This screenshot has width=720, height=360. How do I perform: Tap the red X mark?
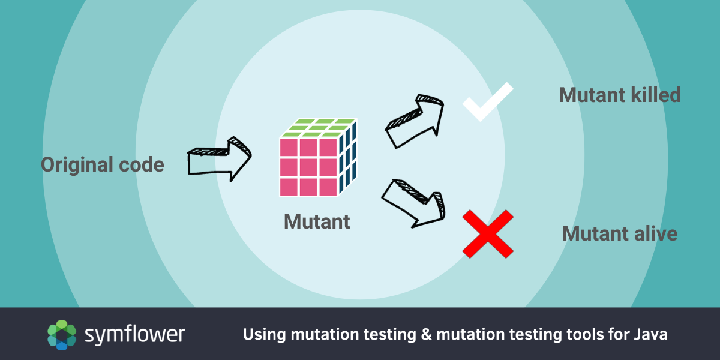tap(488, 234)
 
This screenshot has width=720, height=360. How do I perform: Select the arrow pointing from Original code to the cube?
tap(218, 159)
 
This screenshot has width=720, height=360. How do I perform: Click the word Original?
tap(77, 165)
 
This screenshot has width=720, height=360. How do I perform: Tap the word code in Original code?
tap(142, 165)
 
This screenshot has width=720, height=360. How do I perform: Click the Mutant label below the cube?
tap(317, 221)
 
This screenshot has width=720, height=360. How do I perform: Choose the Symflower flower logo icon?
tap(62, 335)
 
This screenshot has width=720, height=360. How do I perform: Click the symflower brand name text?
tap(134, 335)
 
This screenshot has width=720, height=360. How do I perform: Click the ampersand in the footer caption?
tap(426, 334)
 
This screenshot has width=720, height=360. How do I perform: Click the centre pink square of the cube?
tap(308, 167)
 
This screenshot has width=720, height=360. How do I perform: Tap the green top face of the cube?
tap(319, 128)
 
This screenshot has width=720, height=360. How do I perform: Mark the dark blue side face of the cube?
tap(348, 157)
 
